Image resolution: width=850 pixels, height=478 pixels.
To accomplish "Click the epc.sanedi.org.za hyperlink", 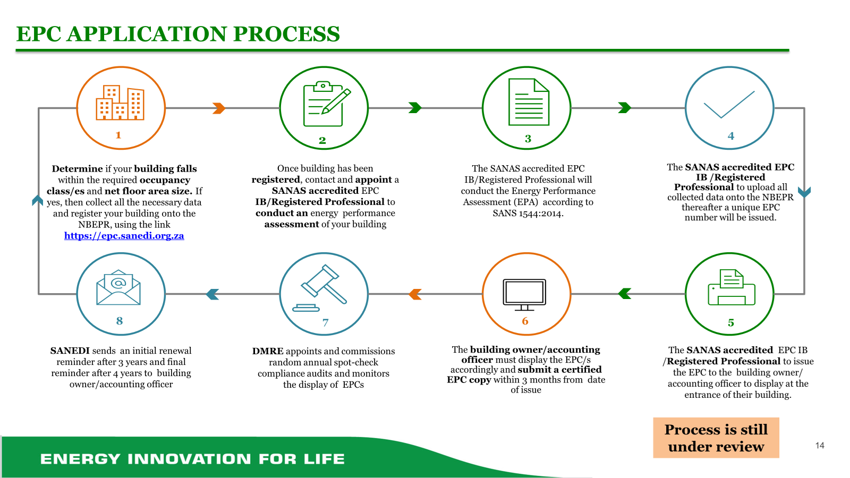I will click(124, 236).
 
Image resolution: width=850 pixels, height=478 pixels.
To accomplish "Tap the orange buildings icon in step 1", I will click(120, 103).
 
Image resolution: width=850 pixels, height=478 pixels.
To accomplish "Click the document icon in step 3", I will click(529, 102).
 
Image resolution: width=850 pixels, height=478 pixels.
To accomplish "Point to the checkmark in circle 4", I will click(729, 105).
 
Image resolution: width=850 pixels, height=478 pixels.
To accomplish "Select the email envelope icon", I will click(118, 288).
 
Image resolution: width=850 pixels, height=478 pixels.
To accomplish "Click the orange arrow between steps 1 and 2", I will click(219, 108).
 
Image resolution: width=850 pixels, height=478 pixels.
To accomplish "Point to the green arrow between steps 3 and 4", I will click(625, 108).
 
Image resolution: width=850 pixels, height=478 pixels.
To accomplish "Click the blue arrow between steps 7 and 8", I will click(212, 294).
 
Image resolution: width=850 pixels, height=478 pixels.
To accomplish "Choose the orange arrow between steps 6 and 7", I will click(415, 294).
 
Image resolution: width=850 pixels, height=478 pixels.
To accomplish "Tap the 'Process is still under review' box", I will click(716, 438).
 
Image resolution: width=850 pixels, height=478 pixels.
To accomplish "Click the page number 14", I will click(820, 446).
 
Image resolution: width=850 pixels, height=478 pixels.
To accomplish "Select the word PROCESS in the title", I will click(286, 34).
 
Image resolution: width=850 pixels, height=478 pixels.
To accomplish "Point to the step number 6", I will click(525, 321).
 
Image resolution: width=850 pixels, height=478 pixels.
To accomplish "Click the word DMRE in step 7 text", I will click(268, 351).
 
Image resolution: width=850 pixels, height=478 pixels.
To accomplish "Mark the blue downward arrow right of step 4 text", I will click(804, 192).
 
